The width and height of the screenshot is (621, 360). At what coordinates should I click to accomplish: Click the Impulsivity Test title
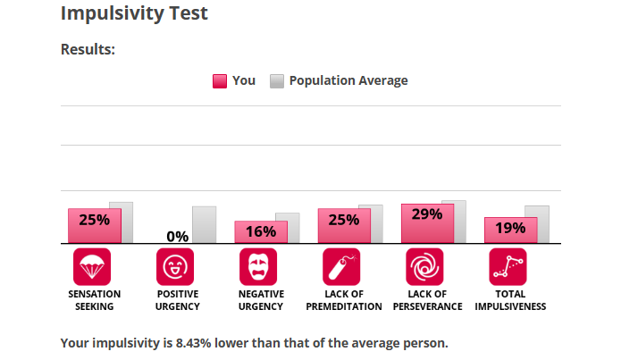click(134, 13)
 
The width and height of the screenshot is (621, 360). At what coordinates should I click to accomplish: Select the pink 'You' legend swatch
click(220, 81)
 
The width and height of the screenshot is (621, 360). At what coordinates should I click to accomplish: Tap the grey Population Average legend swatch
click(277, 81)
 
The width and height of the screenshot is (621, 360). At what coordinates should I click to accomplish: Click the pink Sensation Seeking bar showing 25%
click(94, 224)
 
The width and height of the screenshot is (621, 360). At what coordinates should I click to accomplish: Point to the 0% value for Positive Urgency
click(177, 236)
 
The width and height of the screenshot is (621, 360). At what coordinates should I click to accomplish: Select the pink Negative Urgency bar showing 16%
click(260, 231)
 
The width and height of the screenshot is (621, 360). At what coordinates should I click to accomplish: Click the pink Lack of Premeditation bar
click(343, 224)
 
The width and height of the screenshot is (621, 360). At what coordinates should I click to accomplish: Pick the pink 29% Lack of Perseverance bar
click(427, 222)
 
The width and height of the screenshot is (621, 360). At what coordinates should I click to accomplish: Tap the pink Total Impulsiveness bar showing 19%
click(510, 229)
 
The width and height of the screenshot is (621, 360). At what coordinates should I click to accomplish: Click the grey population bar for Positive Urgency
click(204, 223)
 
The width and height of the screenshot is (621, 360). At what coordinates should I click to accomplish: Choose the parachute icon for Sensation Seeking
click(92, 266)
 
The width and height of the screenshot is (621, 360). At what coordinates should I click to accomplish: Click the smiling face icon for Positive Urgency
click(175, 266)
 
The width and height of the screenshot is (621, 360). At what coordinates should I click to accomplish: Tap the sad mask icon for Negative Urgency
click(258, 266)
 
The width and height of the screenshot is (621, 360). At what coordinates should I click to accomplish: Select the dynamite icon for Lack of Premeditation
click(341, 266)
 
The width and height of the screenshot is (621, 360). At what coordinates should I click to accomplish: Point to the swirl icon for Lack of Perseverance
click(424, 266)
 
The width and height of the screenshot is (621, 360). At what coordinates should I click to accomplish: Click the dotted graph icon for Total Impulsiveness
click(508, 266)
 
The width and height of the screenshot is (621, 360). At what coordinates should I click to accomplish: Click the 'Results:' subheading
click(88, 49)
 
